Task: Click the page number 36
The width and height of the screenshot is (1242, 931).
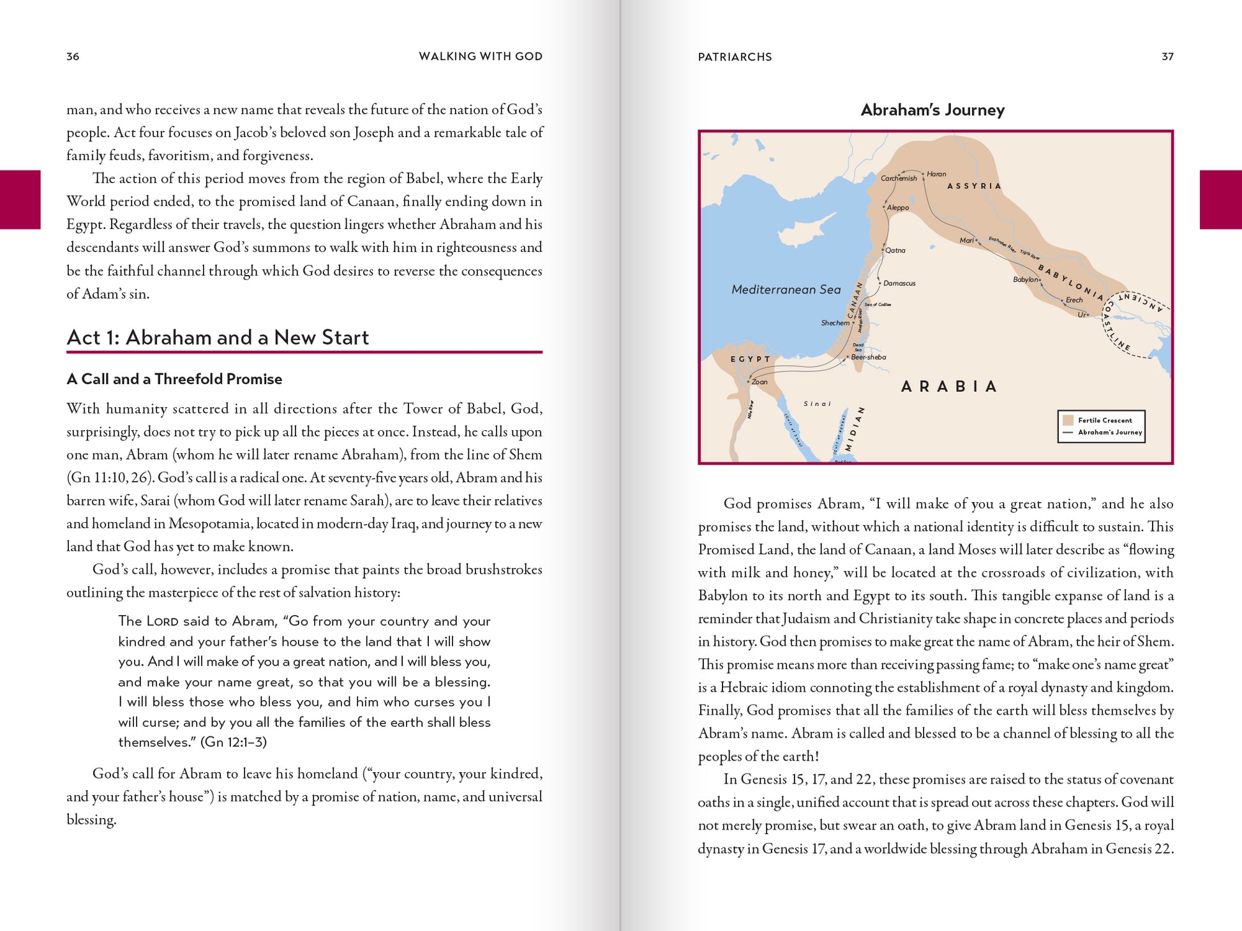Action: [x=73, y=56]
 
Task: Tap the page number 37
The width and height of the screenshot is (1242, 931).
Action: [x=1167, y=56]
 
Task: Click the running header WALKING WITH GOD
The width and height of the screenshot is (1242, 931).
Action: [x=480, y=56]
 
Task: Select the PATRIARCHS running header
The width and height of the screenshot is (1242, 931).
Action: [x=735, y=57]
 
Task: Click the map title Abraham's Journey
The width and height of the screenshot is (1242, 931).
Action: [x=932, y=110]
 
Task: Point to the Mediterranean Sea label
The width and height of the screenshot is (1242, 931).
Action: [x=786, y=289]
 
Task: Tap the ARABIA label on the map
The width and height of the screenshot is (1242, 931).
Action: [x=949, y=386]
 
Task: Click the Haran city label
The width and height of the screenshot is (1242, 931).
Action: [x=936, y=174]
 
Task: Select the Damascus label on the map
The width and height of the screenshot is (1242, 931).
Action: [x=899, y=283]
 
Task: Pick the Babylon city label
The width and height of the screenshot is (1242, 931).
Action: [x=1026, y=279]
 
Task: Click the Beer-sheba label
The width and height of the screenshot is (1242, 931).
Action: [x=869, y=357]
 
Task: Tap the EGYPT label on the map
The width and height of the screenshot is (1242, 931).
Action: [x=750, y=359]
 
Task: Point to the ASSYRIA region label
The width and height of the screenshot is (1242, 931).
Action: [x=974, y=186]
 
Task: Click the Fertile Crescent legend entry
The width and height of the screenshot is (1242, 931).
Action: [x=1105, y=420]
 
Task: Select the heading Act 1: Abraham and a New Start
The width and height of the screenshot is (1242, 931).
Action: [x=218, y=337]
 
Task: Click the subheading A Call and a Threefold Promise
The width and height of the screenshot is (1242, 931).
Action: [x=174, y=378]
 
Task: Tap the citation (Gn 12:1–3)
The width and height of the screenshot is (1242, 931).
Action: [x=234, y=741]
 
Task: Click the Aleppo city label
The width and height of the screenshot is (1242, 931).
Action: [x=897, y=207]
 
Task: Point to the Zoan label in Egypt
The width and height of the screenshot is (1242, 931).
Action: [x=759, y=382]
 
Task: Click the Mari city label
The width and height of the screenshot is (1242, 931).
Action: [x=967, y=240]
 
